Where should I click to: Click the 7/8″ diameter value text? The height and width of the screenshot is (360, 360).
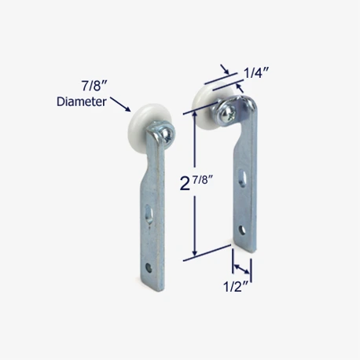[91, 86]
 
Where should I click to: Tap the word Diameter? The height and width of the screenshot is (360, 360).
[82, 101]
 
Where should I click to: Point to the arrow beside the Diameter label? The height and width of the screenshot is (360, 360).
[120, 105]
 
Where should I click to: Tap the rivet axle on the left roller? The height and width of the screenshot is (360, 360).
[167, 134]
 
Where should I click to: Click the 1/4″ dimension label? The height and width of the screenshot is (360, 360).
[256, 72]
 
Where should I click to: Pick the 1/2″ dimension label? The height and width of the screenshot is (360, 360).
[236, 286]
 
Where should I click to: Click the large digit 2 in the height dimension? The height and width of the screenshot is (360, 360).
[185, 183]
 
